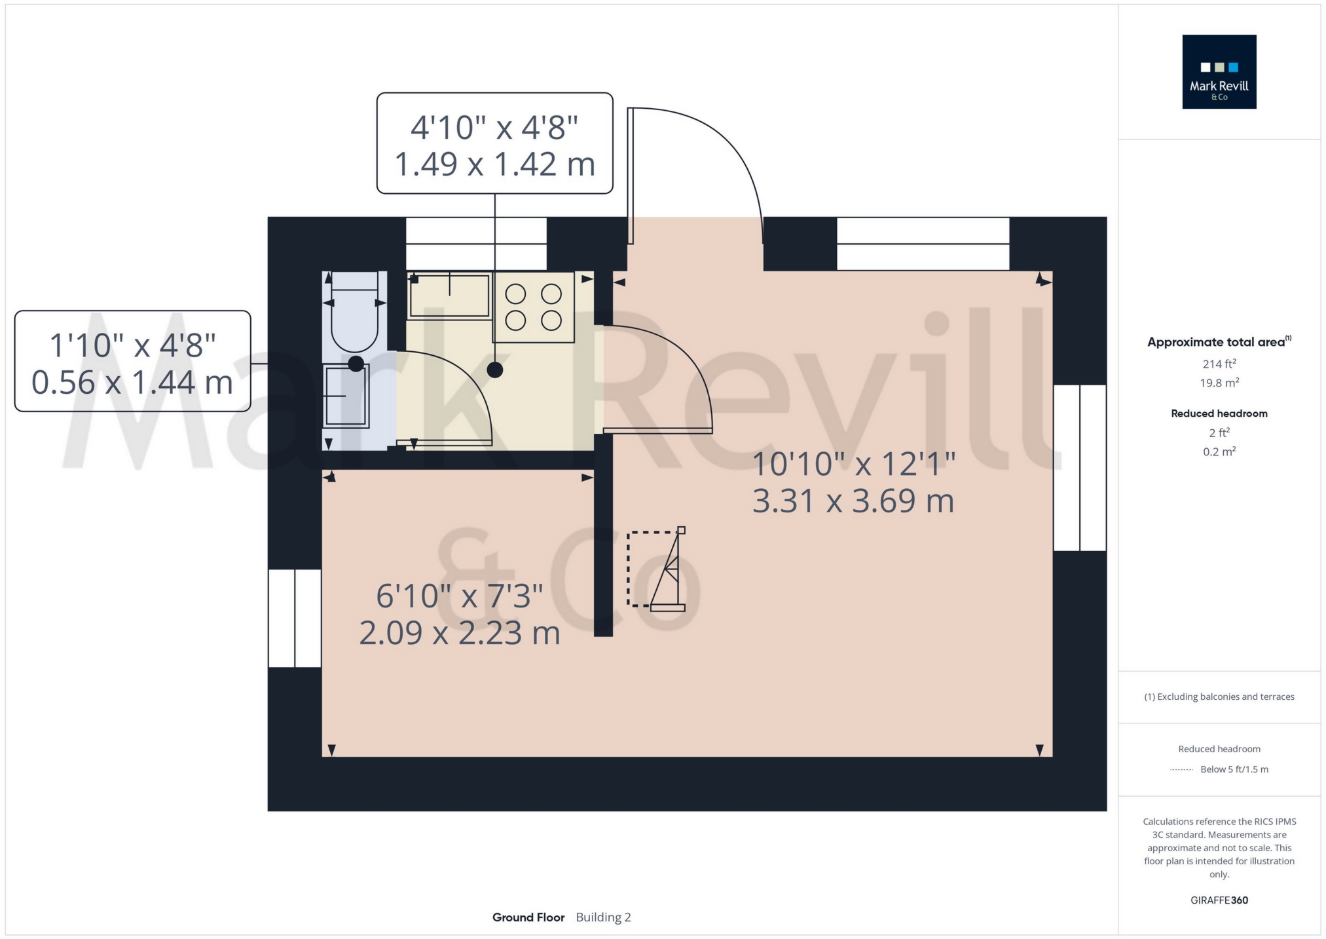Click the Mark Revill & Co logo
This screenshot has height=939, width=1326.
point(1219,71)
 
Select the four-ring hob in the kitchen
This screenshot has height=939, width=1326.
point(534,307)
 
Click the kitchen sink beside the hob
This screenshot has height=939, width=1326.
point(449,296)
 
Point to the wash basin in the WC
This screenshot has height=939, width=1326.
point(347,396)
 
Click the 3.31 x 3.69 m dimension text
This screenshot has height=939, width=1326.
point(853,501)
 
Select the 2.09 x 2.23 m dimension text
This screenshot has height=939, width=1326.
point(460,633)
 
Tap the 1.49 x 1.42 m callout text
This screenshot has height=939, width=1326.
point(495,164)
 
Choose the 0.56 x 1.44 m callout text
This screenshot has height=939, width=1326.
point(132,382)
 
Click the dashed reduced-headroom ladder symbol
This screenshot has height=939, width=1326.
point(656,569)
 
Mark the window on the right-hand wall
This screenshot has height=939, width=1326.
point(1080,467)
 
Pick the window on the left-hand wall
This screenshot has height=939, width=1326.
point(295,618)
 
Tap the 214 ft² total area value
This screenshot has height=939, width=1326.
point(1219,364)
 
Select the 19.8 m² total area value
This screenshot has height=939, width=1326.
point(1219,383)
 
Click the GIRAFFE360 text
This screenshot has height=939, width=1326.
point(1219,900)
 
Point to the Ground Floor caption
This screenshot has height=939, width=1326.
point(528,917)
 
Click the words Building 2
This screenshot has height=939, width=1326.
point(603,917)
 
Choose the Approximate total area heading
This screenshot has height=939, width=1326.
point(1219,341)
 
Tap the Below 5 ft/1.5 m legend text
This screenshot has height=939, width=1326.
point(1234,769)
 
